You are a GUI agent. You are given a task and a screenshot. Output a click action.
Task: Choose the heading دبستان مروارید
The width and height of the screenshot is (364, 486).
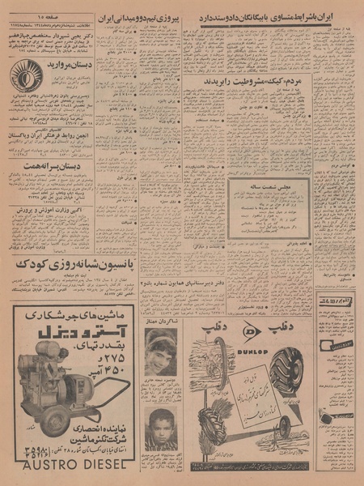coord(68,62)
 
